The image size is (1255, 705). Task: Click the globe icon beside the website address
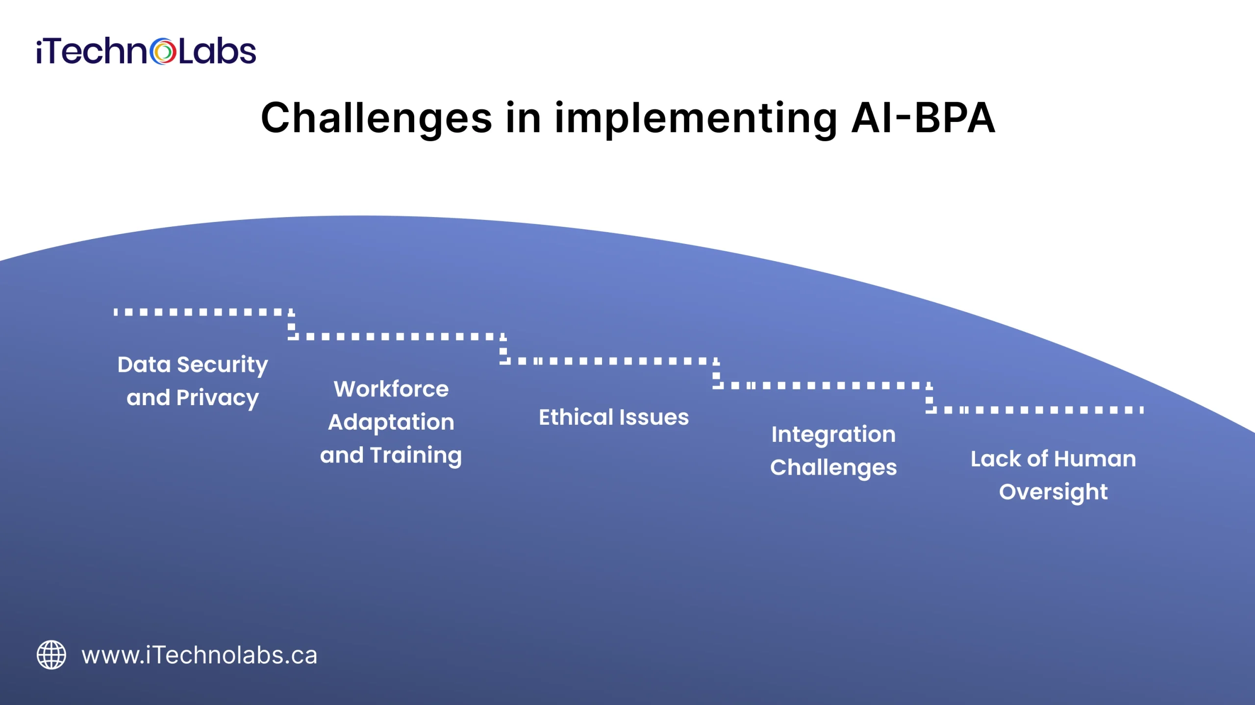point(51,655)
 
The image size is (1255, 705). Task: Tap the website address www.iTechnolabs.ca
point(200,656)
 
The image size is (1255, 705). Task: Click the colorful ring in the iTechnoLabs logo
point(163,51)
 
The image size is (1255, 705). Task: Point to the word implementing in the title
point(696,119)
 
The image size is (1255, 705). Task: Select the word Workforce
point(391,389)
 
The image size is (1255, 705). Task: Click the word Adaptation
point(391,422)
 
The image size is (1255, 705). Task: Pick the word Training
point(416,456)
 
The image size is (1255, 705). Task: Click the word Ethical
point(576,417)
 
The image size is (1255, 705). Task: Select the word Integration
point(833,435)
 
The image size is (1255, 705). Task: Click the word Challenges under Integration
point(833,468)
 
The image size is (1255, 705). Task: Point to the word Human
point(1095,459)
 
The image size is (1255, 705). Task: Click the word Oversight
point(1053,492)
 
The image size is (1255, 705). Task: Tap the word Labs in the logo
point(217,51)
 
